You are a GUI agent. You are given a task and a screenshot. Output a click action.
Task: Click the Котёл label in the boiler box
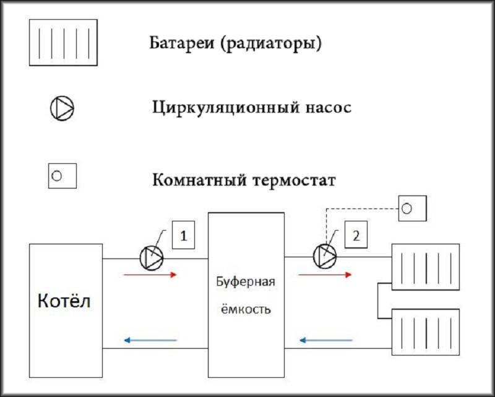click(x=64, y=301)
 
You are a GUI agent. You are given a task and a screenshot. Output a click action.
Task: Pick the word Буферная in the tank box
click(x=246, y=282)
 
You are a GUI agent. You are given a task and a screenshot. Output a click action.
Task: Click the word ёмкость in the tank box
click(x=245, y=309)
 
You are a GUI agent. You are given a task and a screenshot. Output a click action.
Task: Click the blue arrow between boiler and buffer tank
click(x=150, y=340)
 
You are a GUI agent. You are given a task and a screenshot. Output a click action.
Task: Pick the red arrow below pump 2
click(x=325, y=275)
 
